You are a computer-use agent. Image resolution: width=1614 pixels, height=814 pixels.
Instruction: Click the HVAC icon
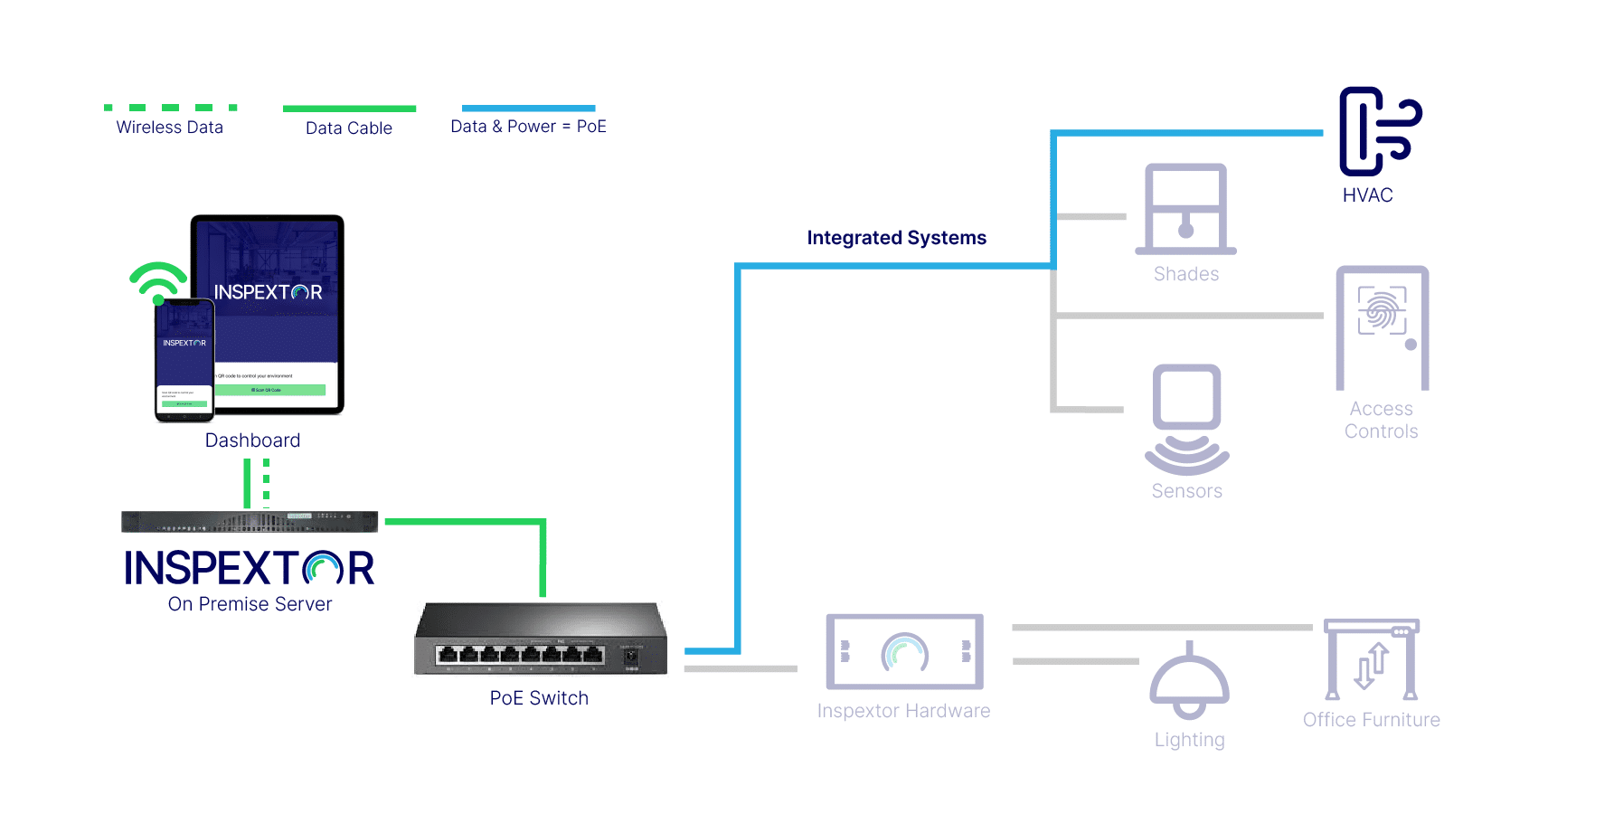[x=1378, y=132]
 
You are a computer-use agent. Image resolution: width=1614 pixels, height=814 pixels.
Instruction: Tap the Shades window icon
[x=1185, y=209]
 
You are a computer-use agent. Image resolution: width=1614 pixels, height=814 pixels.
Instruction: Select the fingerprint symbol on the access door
[x=1382, y=311]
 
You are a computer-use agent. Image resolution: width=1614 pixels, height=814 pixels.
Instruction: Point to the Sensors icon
[x=1186, y=419]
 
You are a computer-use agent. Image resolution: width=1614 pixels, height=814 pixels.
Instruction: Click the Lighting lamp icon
[x=1189, y=682]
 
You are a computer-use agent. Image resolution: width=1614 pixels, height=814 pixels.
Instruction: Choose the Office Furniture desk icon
[x=1371, y=660]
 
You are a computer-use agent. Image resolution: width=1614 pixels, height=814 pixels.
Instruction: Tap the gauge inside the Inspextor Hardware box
[x=904, y=652]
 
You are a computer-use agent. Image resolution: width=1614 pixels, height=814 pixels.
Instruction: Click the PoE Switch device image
[x=541, y=639]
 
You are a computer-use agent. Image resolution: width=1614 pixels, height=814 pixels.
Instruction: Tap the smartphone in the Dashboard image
[x=184, y=360]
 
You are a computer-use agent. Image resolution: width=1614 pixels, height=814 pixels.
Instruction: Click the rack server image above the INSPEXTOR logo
[x=250, y=522]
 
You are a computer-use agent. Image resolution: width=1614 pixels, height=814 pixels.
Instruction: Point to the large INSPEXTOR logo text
[x=250, y=569]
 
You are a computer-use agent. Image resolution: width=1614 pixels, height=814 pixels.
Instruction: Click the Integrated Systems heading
[x=896, y=238]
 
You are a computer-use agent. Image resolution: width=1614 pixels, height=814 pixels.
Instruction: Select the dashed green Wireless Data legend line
[x=170, y=108]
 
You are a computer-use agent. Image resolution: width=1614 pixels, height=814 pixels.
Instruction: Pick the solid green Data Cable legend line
[x=349, y=109]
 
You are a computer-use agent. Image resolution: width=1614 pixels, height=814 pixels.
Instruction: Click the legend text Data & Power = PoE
[x=528, y=127]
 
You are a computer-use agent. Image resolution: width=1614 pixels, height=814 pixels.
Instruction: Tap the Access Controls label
[x=1381, y=421]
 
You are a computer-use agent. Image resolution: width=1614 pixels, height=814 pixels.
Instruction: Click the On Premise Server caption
[x=250, y=604]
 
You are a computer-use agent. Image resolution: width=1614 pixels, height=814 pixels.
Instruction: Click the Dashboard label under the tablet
[x=252, y=440]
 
